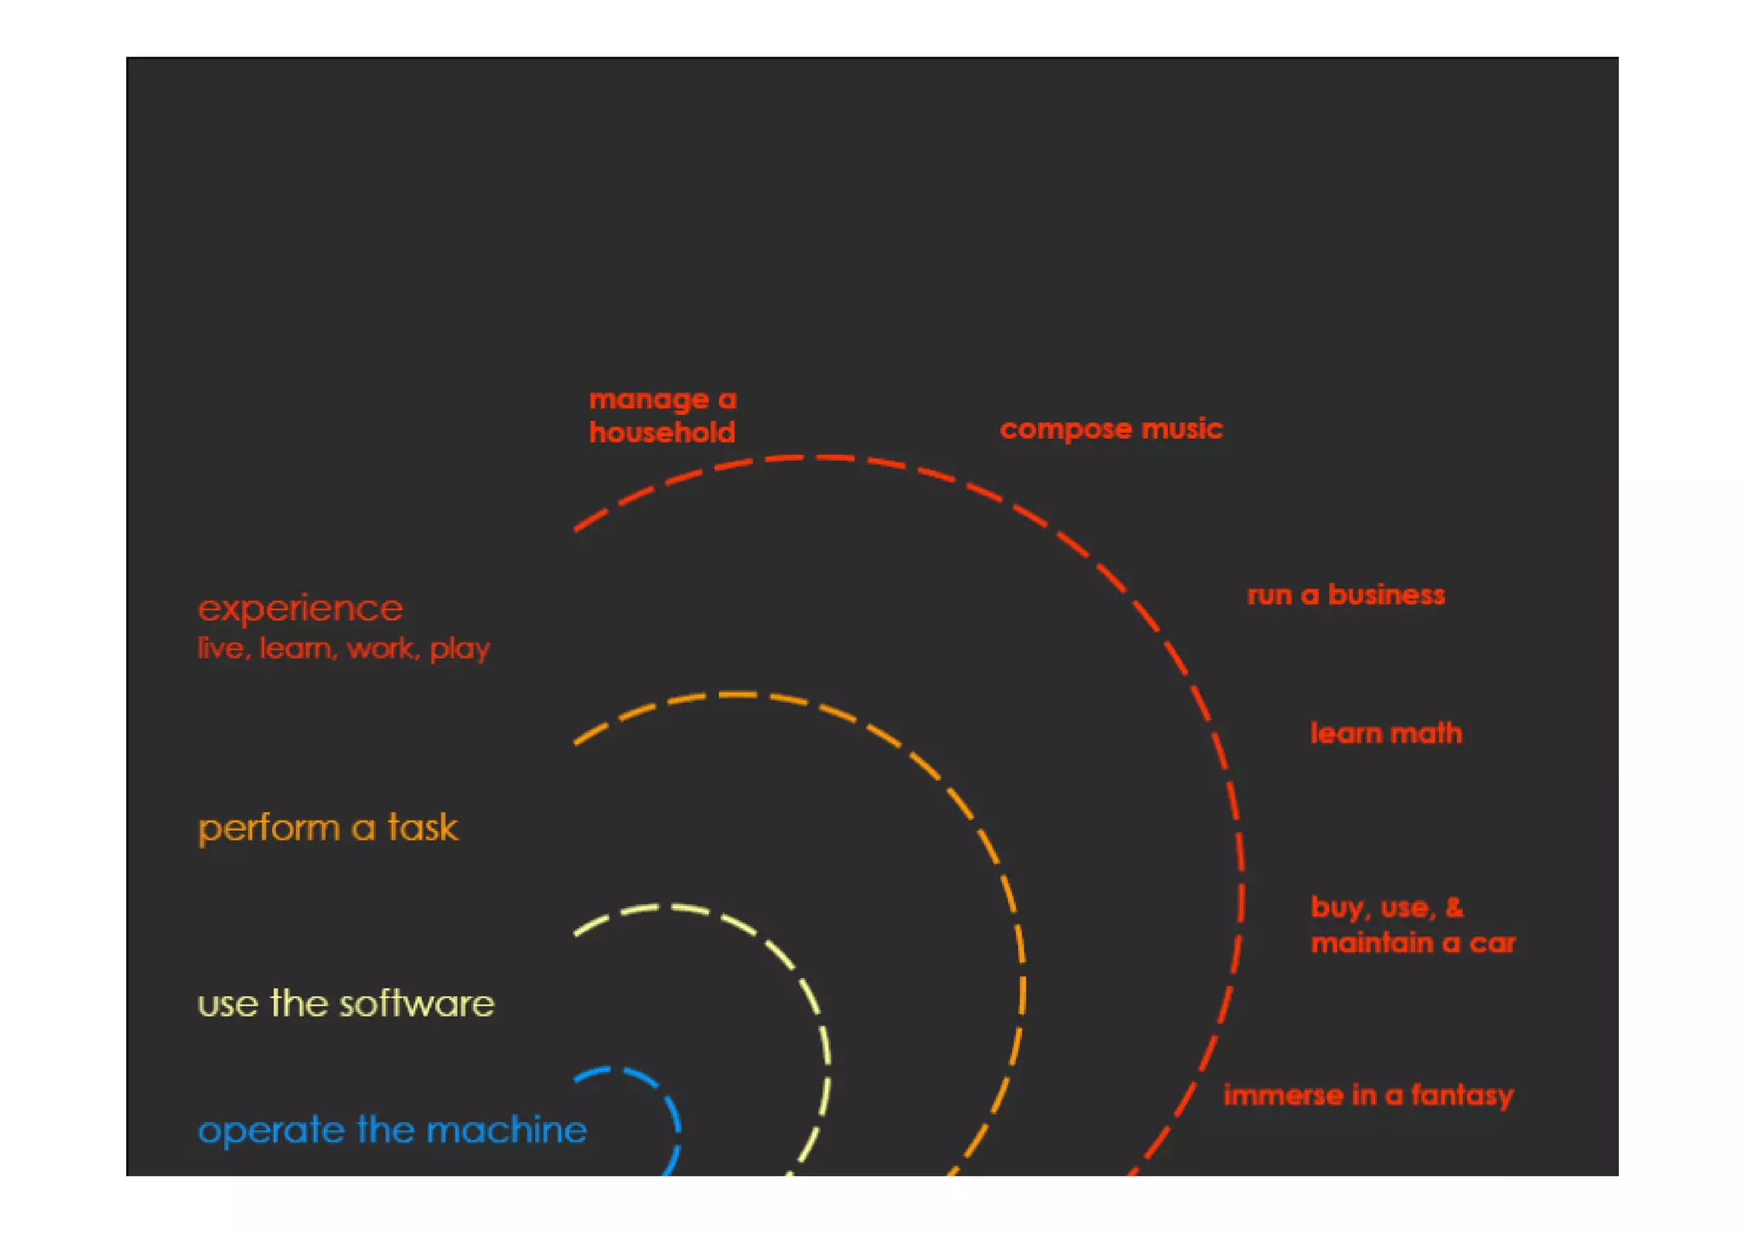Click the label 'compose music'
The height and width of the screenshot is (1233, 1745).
(x=1110, y=429)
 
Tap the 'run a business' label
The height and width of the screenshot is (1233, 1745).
(x=1345, y=595)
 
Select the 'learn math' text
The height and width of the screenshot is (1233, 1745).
(x=1385, y=733)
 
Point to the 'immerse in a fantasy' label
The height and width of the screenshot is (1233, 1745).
(x=1368, y=1095)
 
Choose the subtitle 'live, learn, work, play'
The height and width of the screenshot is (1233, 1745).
(x=343, y=648)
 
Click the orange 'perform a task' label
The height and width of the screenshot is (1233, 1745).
(x=328, y=828)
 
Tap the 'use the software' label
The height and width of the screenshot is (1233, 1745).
(x=345, y=1004)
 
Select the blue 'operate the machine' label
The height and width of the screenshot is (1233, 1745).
(x=392, y=1130)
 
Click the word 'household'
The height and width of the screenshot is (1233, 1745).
(x=662, y=433)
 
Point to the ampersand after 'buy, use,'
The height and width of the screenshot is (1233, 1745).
(x=1454, y=907)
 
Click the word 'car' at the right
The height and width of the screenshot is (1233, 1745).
(x=1492, y=943)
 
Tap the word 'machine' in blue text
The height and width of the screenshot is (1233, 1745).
(x=506, y=1130)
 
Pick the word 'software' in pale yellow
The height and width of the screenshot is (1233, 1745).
(x=417, y=1004)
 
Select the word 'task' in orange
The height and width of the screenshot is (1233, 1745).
(x=423, y=828)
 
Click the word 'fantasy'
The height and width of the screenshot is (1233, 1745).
(x=1462, y=1095)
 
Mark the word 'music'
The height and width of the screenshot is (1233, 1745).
(x=1182, y=429)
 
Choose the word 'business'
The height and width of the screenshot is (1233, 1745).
(x=1386, y=595)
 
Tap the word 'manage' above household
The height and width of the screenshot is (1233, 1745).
(x=648, y=400)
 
